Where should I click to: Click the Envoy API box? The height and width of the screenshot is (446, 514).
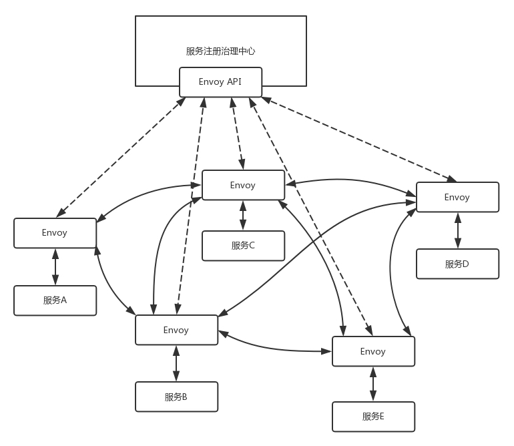coord(220,82)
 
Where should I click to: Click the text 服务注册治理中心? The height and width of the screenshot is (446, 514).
coord(220,51)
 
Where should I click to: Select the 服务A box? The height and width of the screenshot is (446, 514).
coord(55,300)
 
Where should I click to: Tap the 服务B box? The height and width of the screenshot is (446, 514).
coord(176,397)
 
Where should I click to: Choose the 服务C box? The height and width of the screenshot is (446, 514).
coord(243,246)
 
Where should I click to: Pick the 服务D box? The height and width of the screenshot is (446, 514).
coord(457,264)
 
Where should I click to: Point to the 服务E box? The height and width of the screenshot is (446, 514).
coord(373,417)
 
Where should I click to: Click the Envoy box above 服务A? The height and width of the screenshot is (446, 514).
coord(55,233)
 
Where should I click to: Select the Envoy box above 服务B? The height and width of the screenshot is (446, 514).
coord(176,330)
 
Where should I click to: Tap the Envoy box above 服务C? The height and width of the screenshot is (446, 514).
coord(243,185)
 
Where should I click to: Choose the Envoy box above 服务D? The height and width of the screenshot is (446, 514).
coord(457,197)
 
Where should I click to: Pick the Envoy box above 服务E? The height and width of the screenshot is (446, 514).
coord(373,351)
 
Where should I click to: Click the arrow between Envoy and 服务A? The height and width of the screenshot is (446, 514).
coord(55,267)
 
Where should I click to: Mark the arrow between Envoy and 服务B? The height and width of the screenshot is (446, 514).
coord(176,363)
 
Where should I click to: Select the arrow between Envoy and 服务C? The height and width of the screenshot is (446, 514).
coord(243,215)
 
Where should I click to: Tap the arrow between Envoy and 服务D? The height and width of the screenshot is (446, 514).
coord(457,230)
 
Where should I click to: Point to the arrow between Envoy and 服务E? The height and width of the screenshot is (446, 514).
coord(373,384)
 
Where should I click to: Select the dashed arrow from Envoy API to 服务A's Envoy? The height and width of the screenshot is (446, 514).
coord(121,157)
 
